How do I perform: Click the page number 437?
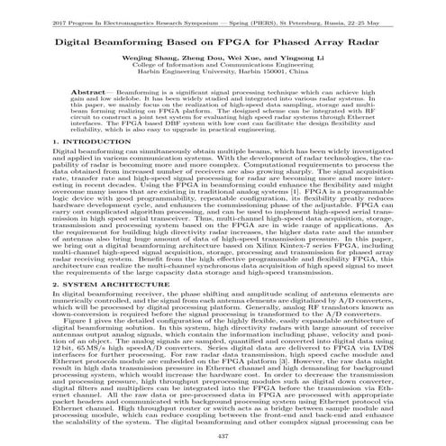tap(223, 436)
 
